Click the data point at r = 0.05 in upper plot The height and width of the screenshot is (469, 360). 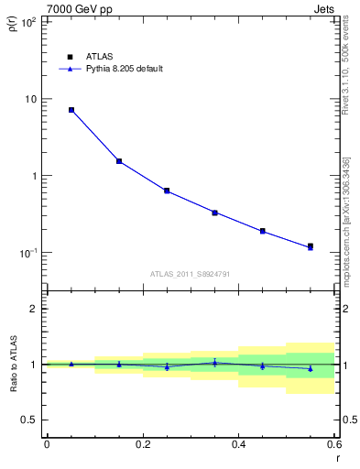(x=71, y=110)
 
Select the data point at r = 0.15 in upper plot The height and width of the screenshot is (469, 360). (x=119, y=161)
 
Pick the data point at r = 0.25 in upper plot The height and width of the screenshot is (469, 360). (x=167, y=191)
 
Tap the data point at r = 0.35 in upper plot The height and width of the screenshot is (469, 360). (x=214, y=213)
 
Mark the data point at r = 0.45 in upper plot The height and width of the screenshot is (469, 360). (x=263, y=231)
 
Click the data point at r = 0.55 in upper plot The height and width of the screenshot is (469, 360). (x=311, y=246)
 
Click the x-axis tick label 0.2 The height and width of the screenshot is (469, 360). (x=143, y=443)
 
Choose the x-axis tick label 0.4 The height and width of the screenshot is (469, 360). (x=238, y=443)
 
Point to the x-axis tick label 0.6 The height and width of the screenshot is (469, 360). (x=333, y=443)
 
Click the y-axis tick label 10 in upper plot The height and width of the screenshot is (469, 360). (x=31, y=99)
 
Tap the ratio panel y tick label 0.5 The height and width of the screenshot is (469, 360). (x=29, y=420)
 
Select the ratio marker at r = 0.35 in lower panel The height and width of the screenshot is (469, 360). (x=214, y=363)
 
